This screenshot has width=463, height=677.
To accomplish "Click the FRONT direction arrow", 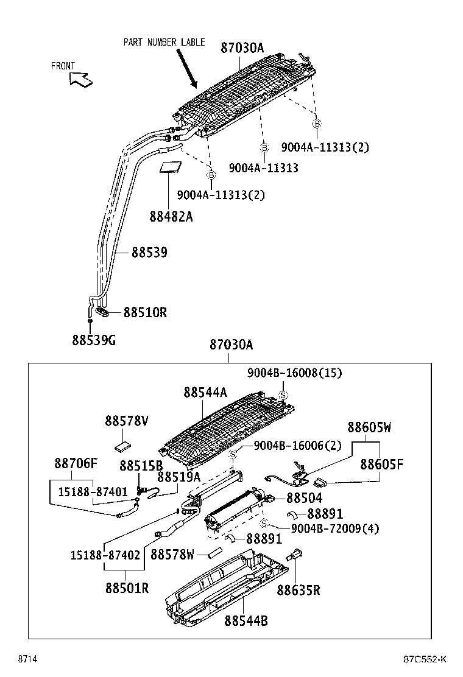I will coord(80,79).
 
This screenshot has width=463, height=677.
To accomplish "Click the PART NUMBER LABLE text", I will coord(164,42).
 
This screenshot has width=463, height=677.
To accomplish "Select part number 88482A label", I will coord(171,216).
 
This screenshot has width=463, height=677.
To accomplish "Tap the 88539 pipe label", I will coord(149,252).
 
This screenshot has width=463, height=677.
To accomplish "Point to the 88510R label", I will coord(145,312).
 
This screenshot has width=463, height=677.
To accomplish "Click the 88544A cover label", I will coord(205,393).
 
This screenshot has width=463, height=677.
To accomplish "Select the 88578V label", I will coord(127,421).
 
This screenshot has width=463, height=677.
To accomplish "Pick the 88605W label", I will coord(369,427).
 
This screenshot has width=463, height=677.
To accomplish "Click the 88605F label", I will coord(381,465).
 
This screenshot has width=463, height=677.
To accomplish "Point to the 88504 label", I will coord(305,498).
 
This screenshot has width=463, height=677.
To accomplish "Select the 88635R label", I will coord(298,589).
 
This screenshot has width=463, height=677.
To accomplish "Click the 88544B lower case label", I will coord(246,620).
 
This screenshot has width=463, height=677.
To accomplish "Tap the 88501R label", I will coord(127,588).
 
